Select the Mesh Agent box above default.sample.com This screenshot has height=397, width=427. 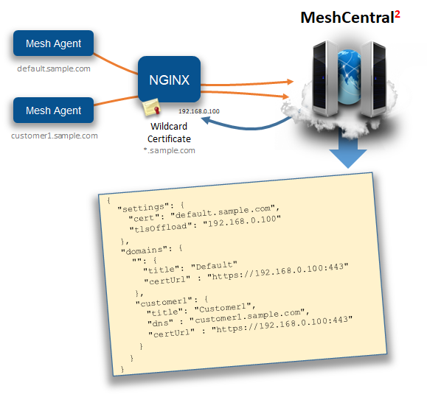[x=53, y=44]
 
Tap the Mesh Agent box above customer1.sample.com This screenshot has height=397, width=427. [x=53, y=110]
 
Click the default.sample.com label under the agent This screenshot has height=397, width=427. [x=54, y=68]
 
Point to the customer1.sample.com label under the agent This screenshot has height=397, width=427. [x=54, y=136]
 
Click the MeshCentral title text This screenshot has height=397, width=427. [x=346, y=18]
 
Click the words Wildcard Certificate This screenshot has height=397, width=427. [x=169, y=133]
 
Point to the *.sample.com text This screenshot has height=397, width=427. [x=170, y=150]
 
